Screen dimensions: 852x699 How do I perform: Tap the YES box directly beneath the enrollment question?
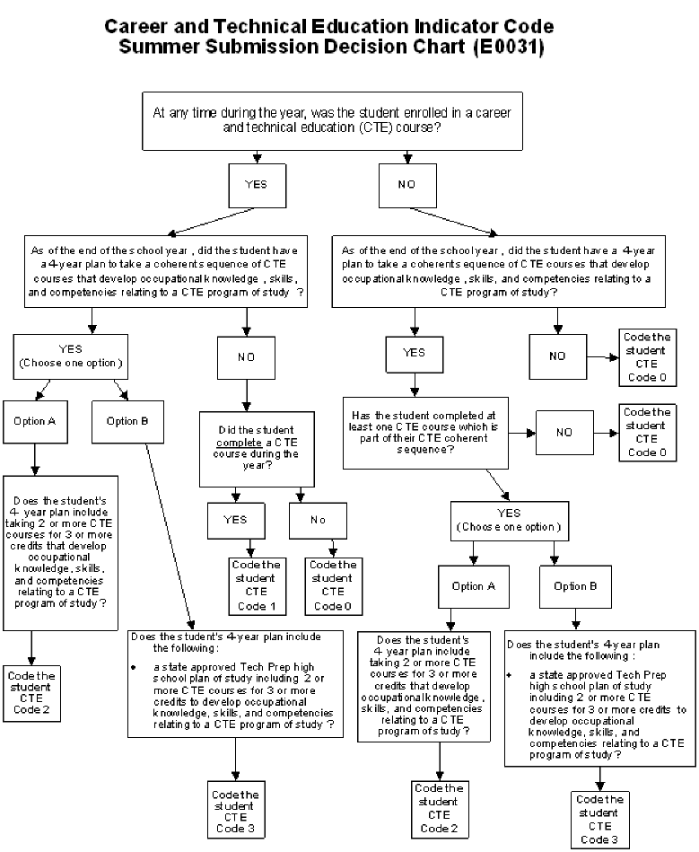coord(256,186)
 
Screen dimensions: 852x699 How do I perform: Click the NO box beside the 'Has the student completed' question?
coord(564,432)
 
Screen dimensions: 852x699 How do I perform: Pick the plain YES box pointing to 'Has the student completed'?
coord(414,354)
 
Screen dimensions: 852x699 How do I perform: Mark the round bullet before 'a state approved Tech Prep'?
coord(134,668)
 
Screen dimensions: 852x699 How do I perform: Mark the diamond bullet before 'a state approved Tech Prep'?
coord(509,672)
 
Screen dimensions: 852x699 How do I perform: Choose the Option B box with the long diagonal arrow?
coord(127,421)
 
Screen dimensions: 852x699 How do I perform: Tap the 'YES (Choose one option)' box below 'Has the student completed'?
coord(510,520)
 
